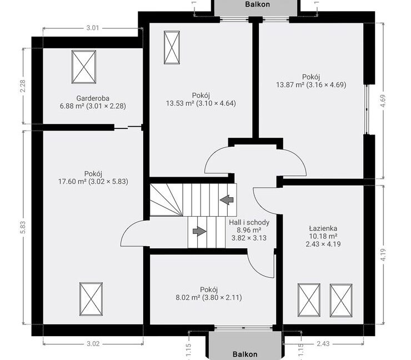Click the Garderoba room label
[93, 98]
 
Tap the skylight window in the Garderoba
[84, 67]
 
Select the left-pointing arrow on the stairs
[227, 200]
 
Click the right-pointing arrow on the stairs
[199, 231]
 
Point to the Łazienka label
[323, 228]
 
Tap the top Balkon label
[257, 4]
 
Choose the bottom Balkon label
[245, 354]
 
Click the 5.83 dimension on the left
[23, 227]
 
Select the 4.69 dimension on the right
[383, 101]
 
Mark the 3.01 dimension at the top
[93, 28]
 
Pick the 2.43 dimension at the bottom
[323, 343]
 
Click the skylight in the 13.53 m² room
[172, 47]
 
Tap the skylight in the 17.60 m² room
[91, 299]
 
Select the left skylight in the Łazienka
[309, 300]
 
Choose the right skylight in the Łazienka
[341, 300]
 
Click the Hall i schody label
[249, 222]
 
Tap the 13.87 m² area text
[290, 84]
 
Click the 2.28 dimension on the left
[23, 86]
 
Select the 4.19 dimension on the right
[383, 254]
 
